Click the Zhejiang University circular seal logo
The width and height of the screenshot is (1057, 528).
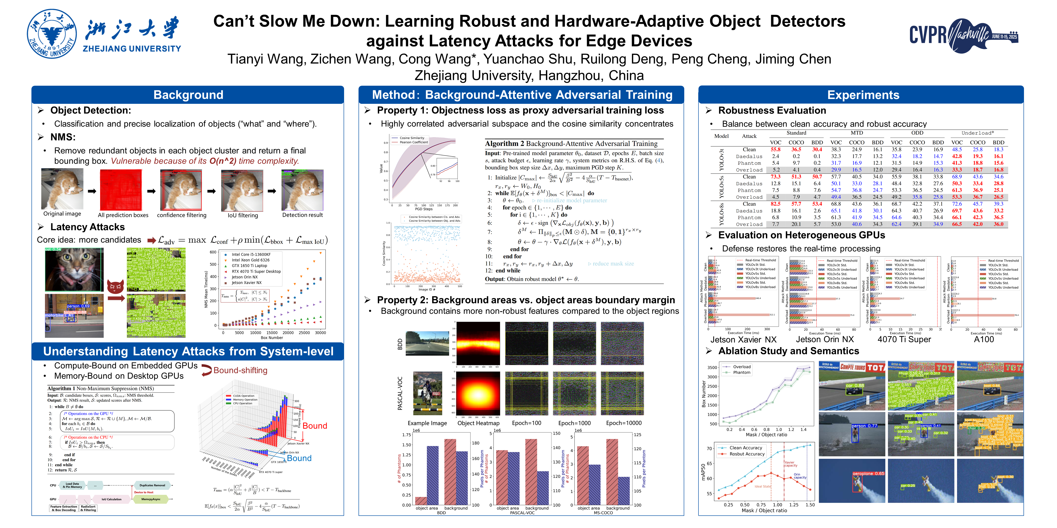coord(52,34)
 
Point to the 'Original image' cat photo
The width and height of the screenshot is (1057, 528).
coord(62,189)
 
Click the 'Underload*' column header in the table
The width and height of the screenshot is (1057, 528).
coord(977,133)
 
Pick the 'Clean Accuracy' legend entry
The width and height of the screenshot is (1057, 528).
coord(745,448)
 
